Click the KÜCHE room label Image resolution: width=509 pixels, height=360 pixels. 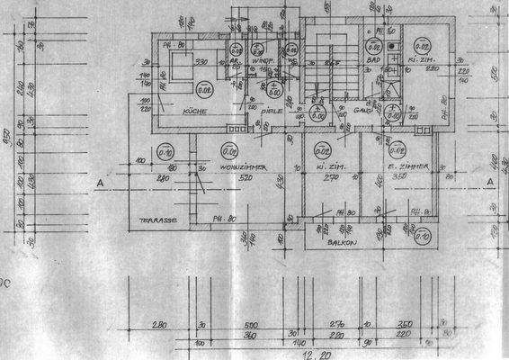coord(195,111)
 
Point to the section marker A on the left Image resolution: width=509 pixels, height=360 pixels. coord(101,182)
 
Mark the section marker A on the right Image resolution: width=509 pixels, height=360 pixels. coord(490,182)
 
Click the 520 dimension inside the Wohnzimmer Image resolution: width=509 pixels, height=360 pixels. coord(238,178)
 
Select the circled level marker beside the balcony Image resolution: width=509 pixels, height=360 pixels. coord(423,237)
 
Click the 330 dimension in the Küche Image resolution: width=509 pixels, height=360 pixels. coord(202,61)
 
